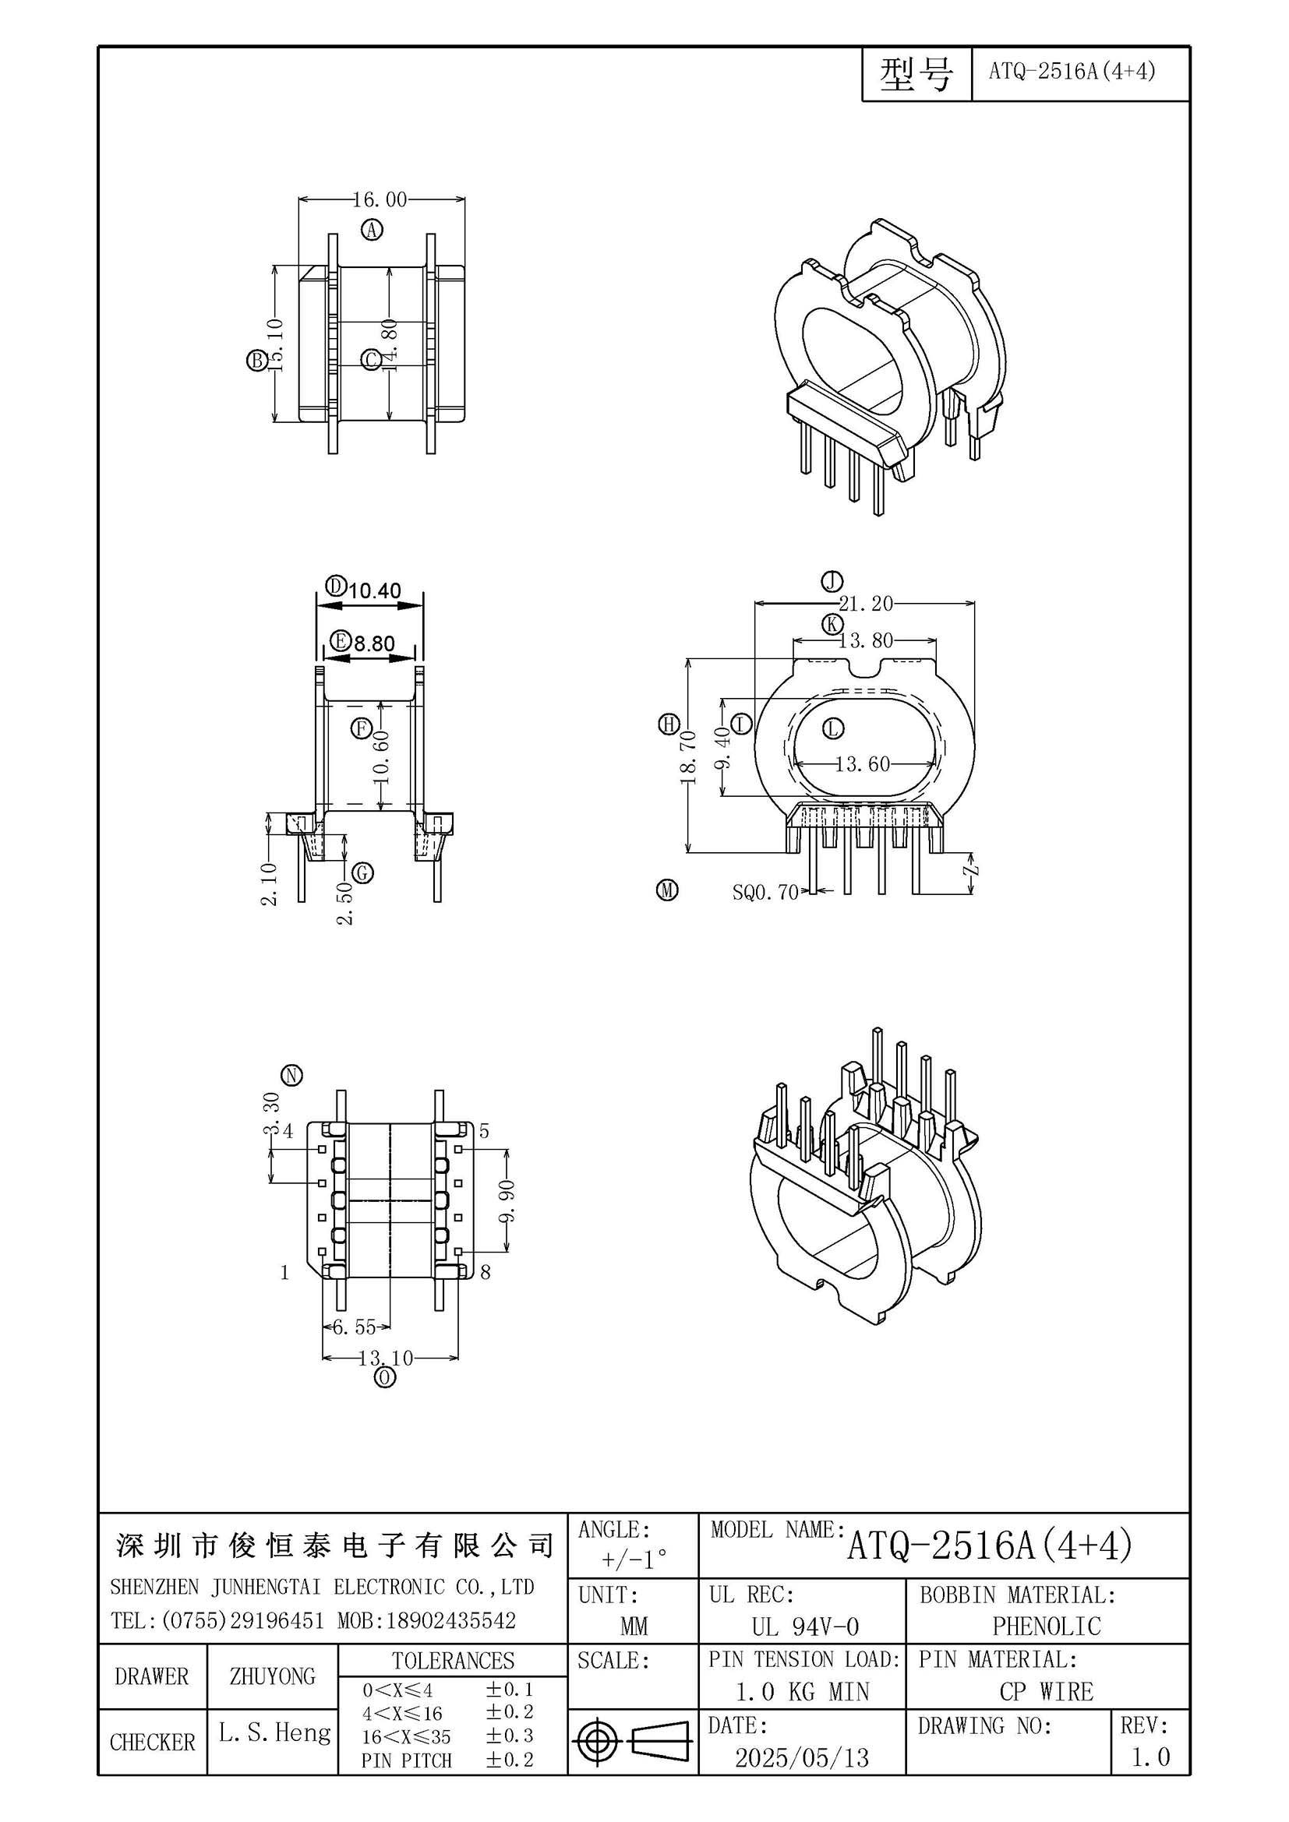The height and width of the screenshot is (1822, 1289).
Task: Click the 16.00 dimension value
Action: click(x=380, y=199)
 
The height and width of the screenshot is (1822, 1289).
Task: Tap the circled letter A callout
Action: click(x=373, y=230)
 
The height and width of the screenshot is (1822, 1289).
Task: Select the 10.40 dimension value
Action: click(x=375, y=590)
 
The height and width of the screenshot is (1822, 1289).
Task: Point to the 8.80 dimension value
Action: click(x=374, y=643)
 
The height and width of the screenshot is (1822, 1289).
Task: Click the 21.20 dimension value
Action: click(x=866, y=604)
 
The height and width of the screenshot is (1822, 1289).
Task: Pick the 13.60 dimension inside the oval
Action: click(x=863, y=764)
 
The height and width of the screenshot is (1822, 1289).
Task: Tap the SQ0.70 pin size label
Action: click(x=765, y=893)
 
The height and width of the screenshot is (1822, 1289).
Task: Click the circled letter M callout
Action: click(x=668, y=890)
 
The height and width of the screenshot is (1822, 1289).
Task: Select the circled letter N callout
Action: click(x=293, y=1075)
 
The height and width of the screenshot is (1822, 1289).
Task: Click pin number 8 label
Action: click(x=486, y=1273)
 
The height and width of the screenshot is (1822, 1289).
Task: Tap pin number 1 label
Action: click(x=285, y=1273)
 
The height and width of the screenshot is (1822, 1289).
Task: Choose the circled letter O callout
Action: click(x=385, y=1378)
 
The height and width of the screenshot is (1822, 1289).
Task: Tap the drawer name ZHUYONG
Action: click(x=272, y=1676)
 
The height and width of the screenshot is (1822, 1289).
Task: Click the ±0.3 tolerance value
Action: click(x=510, y=1735)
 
